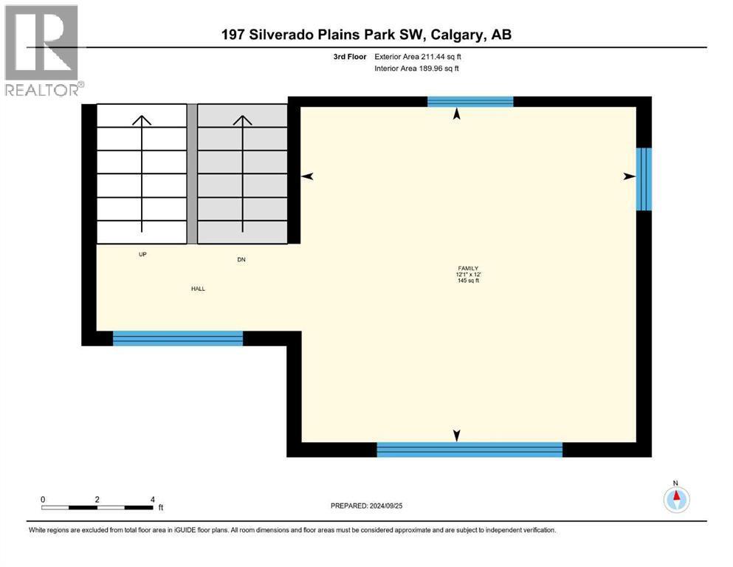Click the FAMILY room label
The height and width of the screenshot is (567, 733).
pyautogui.click(x=468, y=268)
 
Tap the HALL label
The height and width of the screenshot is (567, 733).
pyautogui.click(x=199, y=289)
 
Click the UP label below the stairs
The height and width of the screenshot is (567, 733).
pyautogui.click(x=142, y=254)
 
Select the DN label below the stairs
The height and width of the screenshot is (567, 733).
pyautogui.click(x=241, y=259)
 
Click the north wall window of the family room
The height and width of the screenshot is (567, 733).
pyautogui.click(x=470, y=101)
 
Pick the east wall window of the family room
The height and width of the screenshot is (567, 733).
pyautogui.click(x=644, y=179)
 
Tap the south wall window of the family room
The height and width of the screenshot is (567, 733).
pyautogui.click(x=469, y=449)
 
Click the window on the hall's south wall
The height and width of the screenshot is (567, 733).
pyautogui.click(x=178, y=338)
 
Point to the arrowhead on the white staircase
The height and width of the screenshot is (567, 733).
pyautogui.click(x=142, y=120)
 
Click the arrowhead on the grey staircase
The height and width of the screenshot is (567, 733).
pyautogui.click(x=243, y=120)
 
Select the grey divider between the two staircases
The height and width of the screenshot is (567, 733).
pyautogui.click(x=192, y=173)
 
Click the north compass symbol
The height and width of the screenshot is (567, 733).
pyautogui.click(x=676, y=499)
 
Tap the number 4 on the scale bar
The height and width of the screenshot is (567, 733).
pyautogui.click(x=152, y=500)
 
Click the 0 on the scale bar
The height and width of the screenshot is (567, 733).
pyautogui.click(x=43, y=500)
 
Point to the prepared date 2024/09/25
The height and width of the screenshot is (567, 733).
pyautogui.click(x=386, y=506)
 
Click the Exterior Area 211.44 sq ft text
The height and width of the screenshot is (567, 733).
pyautogui.click(x=418, y=57)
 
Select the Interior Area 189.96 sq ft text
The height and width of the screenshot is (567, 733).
pyautogui.click(x=416, y=68)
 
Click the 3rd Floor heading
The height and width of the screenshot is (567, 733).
pyautogui.click(x=350, y=57)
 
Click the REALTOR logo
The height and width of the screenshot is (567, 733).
pyautogui.click(x=42, y=50)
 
